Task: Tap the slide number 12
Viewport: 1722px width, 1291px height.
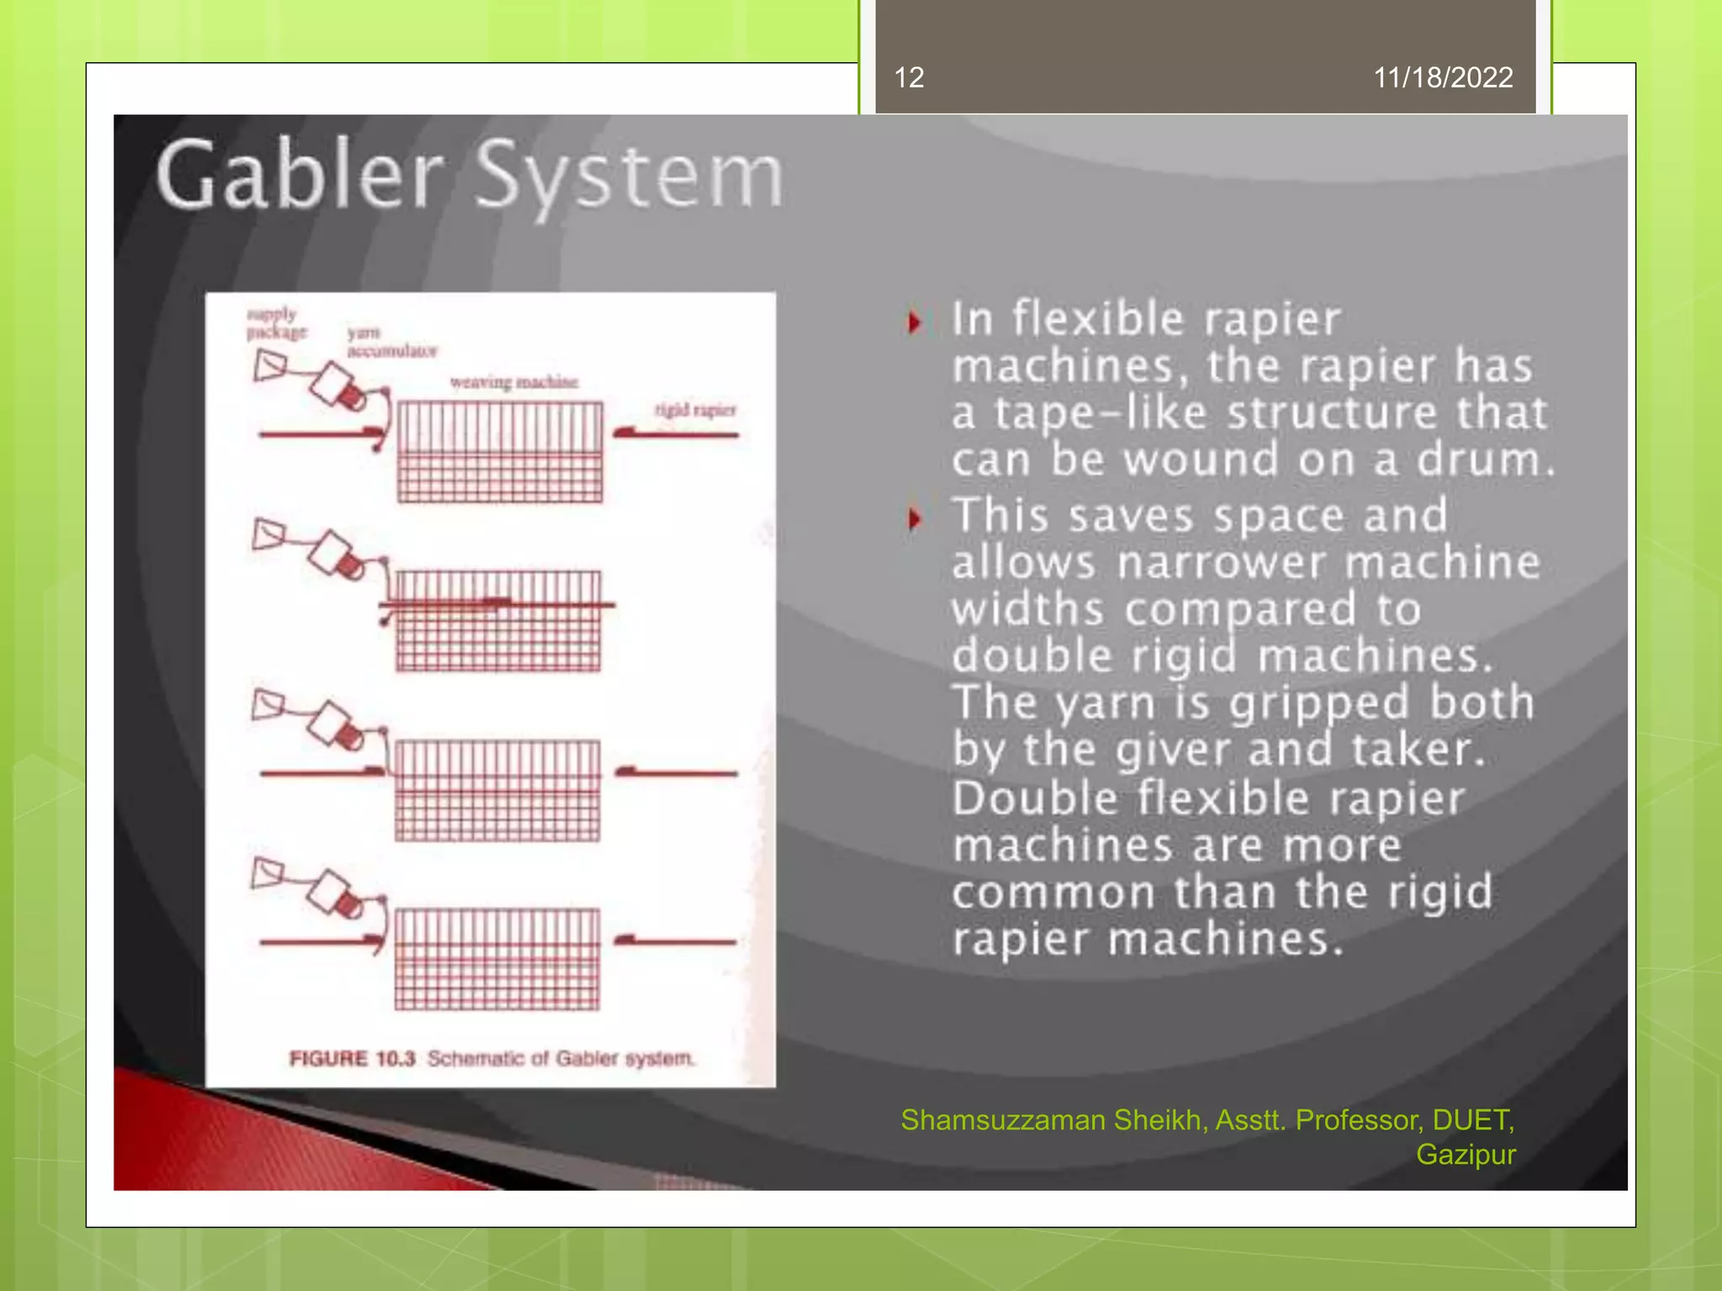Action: pyautogui.click(x=909, y=78)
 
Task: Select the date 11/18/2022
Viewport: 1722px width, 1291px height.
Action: pyautogui.click(x=1443, y=78)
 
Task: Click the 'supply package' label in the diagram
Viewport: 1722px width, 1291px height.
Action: pyautogui.click(x=275, y=324)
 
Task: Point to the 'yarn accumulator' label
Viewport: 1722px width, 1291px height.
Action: pyautogui.click(x=392, y=342)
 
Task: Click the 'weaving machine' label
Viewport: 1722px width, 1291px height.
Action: pyautogui.click(x=514, y=382)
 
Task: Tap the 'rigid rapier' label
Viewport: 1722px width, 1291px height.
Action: pyautogui.click(x=695, y=410)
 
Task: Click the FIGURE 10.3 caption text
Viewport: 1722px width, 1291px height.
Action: pyautogui.click(x=491, y=1058)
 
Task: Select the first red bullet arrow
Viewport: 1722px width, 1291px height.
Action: pyautogui.click(x=915, y=322)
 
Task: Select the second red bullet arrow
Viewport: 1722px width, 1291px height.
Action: pyautogui.click(x=915, y=519)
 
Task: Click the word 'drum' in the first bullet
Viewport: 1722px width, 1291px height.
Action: pyautogui.click(x=1484, y=460)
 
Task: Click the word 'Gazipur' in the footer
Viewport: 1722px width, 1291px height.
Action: pyautogui.click(x=1466, y=1155)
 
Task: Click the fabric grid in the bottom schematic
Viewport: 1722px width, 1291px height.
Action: pyautogui.click(x=498, y=959)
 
